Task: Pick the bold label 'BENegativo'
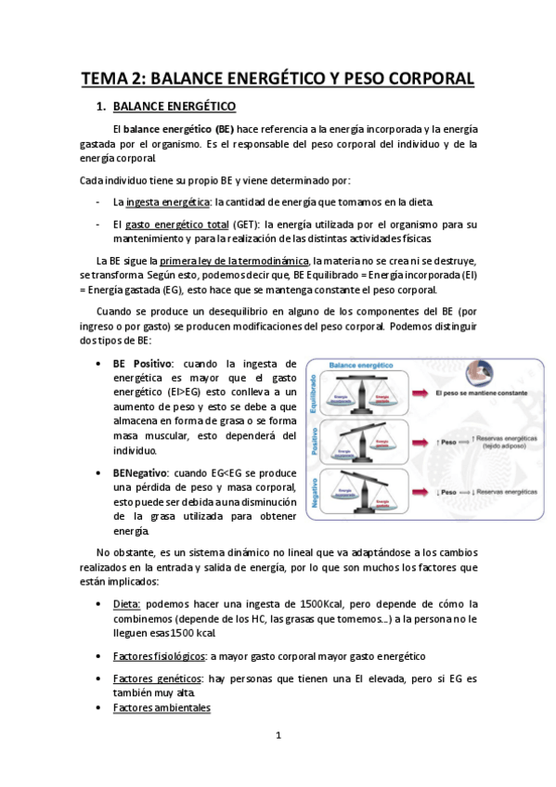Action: pos(145,446)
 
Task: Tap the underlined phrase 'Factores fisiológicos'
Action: pos(159,655)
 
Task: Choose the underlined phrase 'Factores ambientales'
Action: pos(161,708)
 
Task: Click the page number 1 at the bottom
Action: pos(278,737)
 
